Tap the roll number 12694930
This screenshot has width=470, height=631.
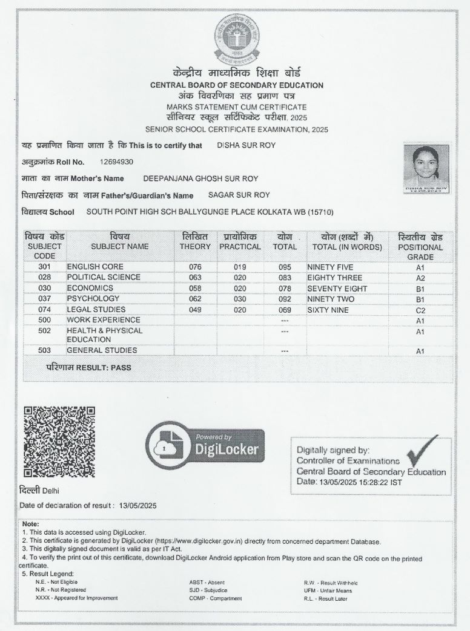tap(117, 162)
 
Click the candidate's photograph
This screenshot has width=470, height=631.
tap(426, 168)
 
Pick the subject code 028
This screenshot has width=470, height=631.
tap(44, 277)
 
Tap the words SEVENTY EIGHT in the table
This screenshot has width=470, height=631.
tap(337, 288)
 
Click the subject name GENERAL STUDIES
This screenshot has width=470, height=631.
tap(102, 351)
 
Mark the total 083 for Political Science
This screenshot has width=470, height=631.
tap(285, 278)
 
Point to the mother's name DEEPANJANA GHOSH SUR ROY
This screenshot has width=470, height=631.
tap(200, 178)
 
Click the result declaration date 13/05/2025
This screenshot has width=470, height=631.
tap(138, 505)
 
